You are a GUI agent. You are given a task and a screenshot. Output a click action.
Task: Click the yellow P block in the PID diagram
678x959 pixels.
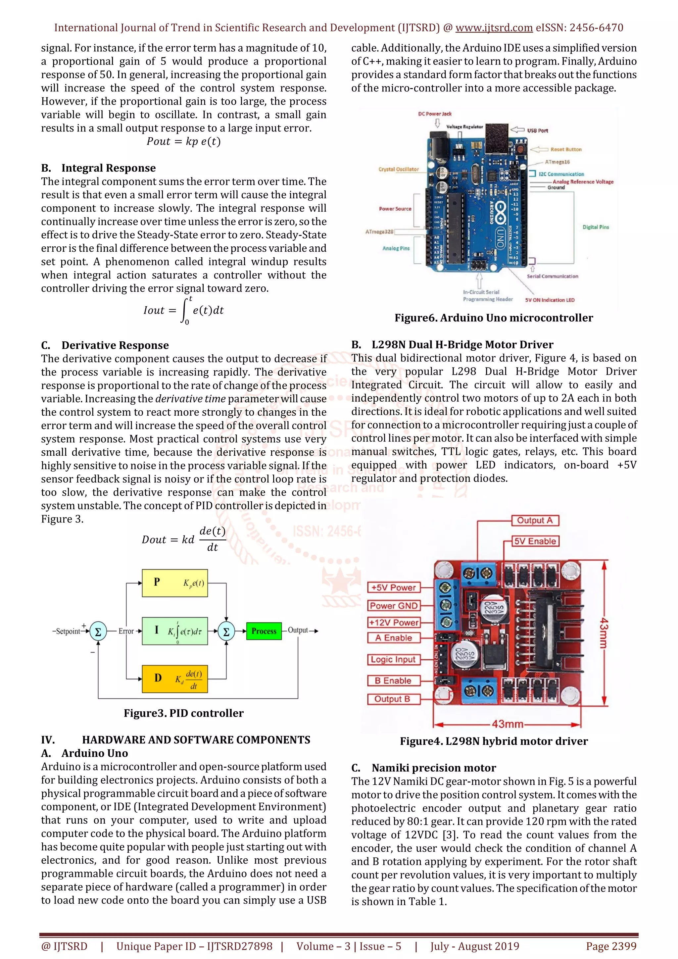[174, 583]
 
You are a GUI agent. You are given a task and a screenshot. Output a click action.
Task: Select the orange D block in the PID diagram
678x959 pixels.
[174, 679]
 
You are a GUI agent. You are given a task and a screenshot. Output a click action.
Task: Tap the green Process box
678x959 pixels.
[264, 631]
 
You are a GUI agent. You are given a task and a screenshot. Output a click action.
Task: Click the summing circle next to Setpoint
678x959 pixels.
[98, 631]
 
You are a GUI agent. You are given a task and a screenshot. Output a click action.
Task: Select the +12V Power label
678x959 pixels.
[394, 622]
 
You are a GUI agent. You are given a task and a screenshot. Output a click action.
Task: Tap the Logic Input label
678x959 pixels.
[393, 660]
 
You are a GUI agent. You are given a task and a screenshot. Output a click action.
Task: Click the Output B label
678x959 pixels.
[392, 699]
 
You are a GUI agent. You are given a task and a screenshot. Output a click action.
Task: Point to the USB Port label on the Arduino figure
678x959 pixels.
[537, 130]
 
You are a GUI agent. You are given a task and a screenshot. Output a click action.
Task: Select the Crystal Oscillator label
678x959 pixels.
[398, 169]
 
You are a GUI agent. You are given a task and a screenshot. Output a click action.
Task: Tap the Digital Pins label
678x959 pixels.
[596, 227]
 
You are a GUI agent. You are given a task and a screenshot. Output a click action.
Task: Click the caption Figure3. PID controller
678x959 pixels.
[184, 713]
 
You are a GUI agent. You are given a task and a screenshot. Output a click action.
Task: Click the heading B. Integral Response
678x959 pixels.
[99, 168]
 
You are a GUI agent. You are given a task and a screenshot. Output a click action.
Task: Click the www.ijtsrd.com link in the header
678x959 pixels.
[494, 28]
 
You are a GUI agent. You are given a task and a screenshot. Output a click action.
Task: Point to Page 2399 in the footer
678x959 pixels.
[611, 946]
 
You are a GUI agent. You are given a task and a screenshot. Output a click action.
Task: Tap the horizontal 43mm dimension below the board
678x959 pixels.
[507, 724]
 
